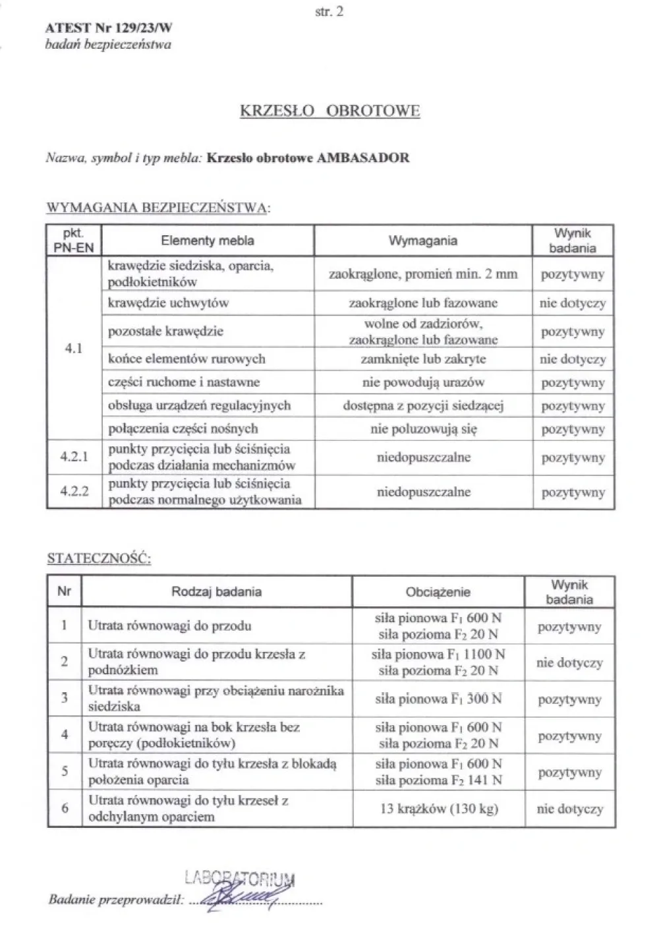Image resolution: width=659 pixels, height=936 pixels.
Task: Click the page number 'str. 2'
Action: point(330,11)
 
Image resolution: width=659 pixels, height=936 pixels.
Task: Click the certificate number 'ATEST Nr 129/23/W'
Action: point(109,28)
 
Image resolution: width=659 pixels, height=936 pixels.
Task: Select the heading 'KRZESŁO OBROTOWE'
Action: point(329,111)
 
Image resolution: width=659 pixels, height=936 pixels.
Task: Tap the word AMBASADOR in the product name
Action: point(363,158)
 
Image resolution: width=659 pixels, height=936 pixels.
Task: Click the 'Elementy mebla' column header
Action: point(207,241)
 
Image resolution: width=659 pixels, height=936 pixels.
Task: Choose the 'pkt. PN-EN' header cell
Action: point(74,241)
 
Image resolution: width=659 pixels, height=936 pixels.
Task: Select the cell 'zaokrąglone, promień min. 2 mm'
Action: point(423,274)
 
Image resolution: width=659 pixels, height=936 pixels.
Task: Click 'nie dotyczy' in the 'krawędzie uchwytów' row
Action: point(572,304)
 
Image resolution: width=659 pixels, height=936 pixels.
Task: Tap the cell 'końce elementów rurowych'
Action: point(186,359)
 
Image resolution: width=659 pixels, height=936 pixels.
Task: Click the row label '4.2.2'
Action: point(74,492)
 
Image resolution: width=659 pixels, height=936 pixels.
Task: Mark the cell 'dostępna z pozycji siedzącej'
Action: point(423,406)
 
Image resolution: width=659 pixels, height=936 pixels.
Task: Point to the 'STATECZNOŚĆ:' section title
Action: point(99,559)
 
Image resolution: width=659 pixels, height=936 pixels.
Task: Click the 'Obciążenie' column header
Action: point(438,592)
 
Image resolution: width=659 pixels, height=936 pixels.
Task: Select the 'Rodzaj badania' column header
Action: point(216,592)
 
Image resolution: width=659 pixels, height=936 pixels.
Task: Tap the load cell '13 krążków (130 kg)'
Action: point(438,809)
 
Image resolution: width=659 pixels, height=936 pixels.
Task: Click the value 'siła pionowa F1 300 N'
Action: point(438,699)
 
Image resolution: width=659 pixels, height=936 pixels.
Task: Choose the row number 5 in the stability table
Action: point(64,772)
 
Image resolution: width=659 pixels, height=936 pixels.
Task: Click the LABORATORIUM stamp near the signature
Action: point(240,879)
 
